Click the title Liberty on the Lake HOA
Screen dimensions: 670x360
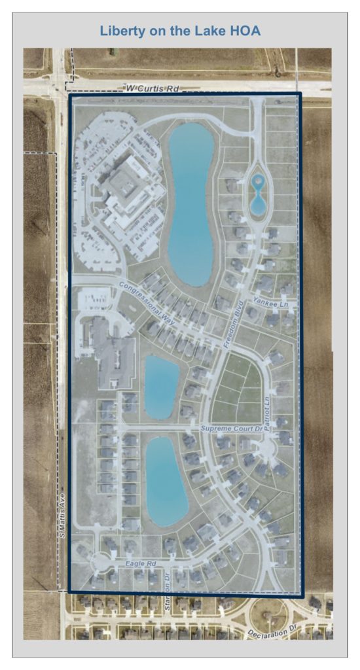coord(179,31)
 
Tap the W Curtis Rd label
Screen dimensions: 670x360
coord(152,87)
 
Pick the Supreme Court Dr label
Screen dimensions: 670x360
coord(231,429)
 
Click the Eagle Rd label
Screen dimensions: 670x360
coord(141,562)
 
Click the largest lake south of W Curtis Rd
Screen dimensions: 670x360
coord(190,203)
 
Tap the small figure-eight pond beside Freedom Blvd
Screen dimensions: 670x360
coord(258,194)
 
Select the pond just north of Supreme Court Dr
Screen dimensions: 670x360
coord(161,386)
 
